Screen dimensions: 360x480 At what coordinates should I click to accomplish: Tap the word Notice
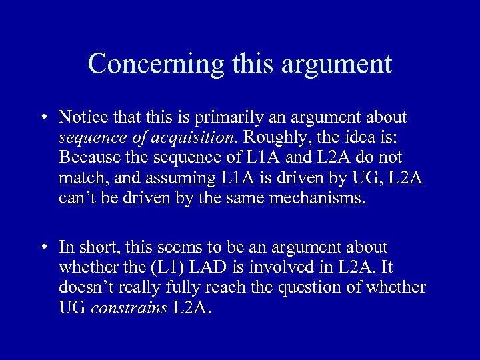click(x=80, y=117)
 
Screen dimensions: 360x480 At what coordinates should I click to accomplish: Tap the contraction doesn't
click(x=87, y=287)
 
